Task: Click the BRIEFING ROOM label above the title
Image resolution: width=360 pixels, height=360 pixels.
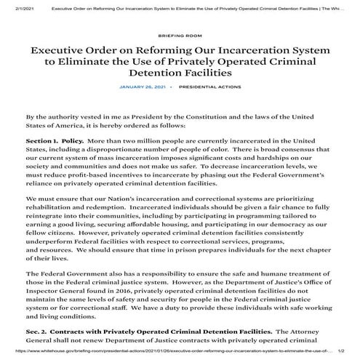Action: pos(180,34)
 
